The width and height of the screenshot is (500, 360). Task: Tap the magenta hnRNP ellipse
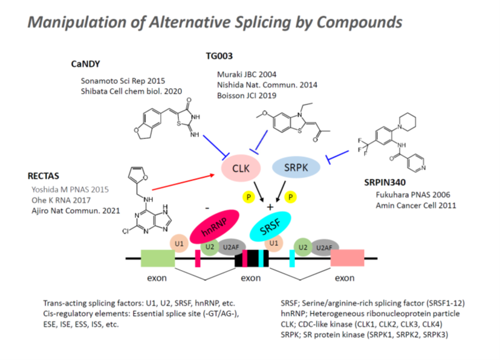[215, 227]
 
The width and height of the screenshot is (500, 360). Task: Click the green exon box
[158, 258]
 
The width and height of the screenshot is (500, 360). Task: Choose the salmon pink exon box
[347, 258]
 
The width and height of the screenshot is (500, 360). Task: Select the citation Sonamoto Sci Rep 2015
[123, 80]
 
